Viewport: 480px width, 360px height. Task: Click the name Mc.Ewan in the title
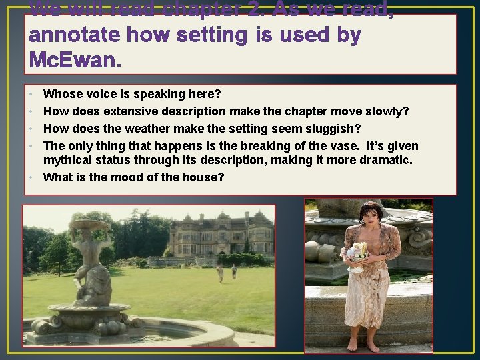(75, 61)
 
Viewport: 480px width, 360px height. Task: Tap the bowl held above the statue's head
(89, 226)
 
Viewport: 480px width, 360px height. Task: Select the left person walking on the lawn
(219, 271)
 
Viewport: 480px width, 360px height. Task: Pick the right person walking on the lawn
(234, 271)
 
